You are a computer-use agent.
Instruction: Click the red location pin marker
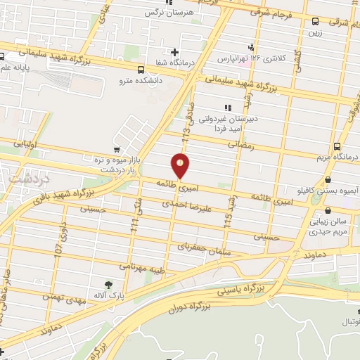(181, 166)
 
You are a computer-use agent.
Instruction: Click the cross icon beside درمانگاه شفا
(175, 51)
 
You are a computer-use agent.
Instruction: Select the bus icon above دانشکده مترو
(141, 70)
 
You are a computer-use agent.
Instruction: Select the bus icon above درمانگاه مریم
(337, 146)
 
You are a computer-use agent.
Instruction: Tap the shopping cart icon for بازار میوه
(116, 149)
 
